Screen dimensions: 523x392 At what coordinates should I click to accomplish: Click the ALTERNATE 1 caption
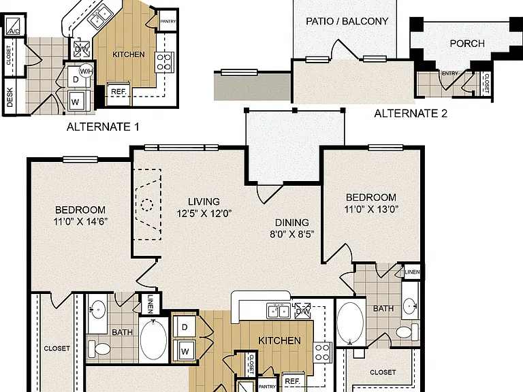coord(103,127)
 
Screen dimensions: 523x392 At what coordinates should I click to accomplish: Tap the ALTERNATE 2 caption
coord(410,114)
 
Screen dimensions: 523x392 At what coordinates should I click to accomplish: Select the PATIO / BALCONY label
coord(347,21)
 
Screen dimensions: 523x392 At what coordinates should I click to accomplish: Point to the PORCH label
coord(467,44)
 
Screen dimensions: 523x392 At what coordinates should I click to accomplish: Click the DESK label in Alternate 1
coord(10,97)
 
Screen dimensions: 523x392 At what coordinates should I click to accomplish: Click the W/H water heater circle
coord(86,71)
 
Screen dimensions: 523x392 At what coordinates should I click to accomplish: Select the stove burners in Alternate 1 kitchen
coord(163,62)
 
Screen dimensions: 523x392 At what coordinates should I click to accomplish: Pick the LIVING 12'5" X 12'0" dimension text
coord(204,208)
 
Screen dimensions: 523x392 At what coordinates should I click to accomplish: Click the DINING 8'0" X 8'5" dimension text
coord(292,229)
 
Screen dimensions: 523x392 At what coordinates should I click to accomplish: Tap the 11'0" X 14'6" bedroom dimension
coord(80,221)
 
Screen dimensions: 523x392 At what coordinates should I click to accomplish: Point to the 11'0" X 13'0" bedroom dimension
coord(371,209)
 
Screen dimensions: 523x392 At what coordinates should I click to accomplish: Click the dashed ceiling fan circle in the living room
coord(146,205)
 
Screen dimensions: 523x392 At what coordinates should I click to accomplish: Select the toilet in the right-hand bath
coord(407,332)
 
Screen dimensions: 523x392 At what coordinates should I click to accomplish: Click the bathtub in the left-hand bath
coord(153,340)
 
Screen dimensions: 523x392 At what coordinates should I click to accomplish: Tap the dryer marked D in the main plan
coord(185,327)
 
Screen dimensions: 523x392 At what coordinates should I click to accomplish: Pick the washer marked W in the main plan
coord(185,350)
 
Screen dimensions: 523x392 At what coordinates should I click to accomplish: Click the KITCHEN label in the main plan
coord(279,340)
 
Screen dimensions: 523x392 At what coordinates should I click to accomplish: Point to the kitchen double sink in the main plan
coord(278,311)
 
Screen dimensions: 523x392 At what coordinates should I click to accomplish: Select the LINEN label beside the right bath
coord(412,272)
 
